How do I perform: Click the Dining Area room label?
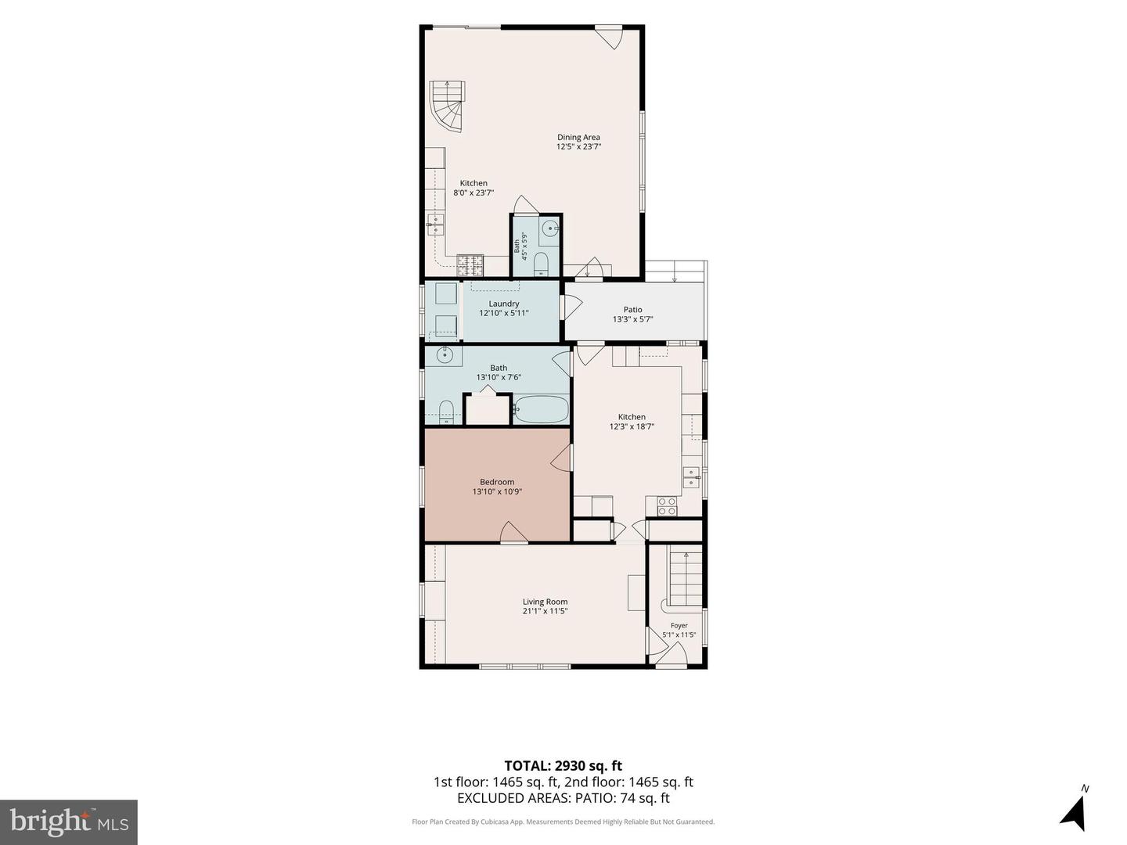(578, 138)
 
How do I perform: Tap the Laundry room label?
(504, 304)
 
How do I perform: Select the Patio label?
(632, 309)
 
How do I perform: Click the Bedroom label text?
(497, 482)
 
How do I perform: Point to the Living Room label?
(545, 602)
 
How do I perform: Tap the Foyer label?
(679, 625)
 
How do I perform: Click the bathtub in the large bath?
(541, 409)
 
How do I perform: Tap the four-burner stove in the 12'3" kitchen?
(668, 506)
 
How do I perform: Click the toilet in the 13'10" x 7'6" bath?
(447, 412)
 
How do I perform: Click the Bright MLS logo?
(69, 822)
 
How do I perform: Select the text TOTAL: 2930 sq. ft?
(563, 766)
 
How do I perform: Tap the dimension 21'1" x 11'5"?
(545, 611)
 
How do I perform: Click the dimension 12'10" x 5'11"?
(504, 313)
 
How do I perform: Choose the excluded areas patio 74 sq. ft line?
(563, 798)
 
